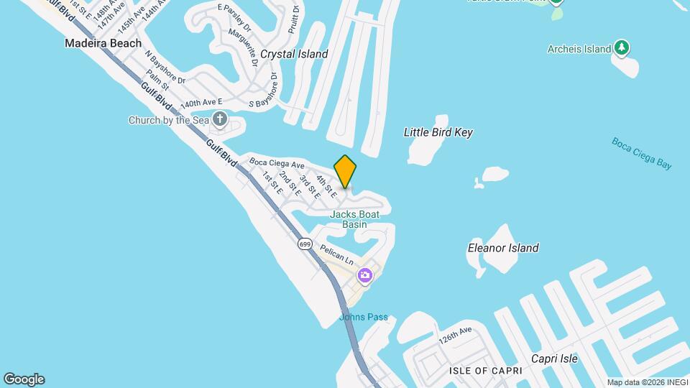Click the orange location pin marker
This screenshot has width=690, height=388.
click(346, 171)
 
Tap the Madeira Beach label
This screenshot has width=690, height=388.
click(103, 43)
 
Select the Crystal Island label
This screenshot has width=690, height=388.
click(294, 54)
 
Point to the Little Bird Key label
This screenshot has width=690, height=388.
click(438, 132)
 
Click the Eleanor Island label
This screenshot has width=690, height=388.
click(503, 248)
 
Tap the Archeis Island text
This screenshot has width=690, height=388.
click(578, 49)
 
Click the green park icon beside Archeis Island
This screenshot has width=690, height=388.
click(622, 49)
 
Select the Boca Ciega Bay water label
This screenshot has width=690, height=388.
click(642, 152)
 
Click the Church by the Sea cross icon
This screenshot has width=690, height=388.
click(220, 120)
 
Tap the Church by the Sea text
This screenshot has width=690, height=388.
click(169, 120)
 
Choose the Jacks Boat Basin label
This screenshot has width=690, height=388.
click(354, 219)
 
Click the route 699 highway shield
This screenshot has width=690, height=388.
click(305, 243)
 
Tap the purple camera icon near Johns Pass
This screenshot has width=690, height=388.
click(365, 275)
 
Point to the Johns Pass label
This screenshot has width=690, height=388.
click(364, 317)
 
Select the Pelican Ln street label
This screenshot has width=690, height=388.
click(337, 253)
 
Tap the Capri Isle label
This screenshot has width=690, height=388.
click(554, 359)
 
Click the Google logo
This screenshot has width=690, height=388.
click(24, 379)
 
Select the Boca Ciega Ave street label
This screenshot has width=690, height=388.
click(277, 164)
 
